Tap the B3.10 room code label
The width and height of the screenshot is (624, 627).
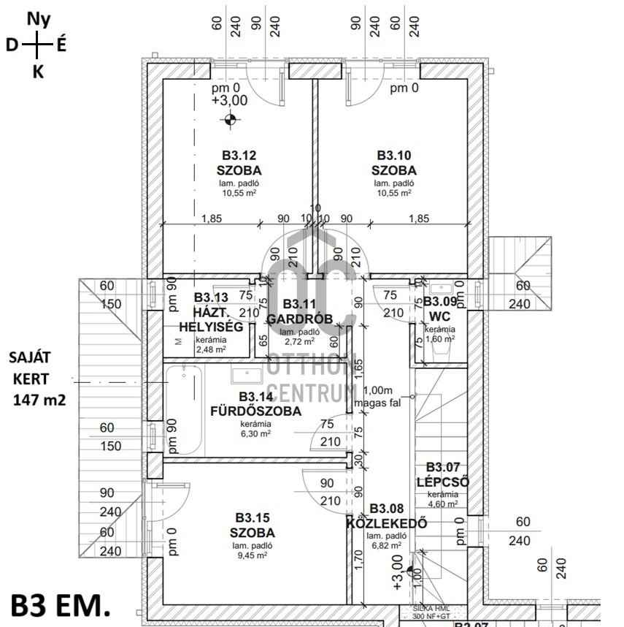(x=394, y=155)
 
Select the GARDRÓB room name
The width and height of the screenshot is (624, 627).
(x=299, y=319)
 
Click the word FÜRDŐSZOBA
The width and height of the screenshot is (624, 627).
(x=255, y=411)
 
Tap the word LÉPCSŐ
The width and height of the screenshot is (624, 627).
(x=442, y=482)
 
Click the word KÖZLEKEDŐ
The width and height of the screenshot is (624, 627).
(x=388, y=523)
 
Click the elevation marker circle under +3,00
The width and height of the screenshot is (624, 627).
(x=230, y=120)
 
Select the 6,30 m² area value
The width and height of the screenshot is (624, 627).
(x=256, y=433)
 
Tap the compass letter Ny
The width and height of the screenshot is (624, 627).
(x=39, y=20)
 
